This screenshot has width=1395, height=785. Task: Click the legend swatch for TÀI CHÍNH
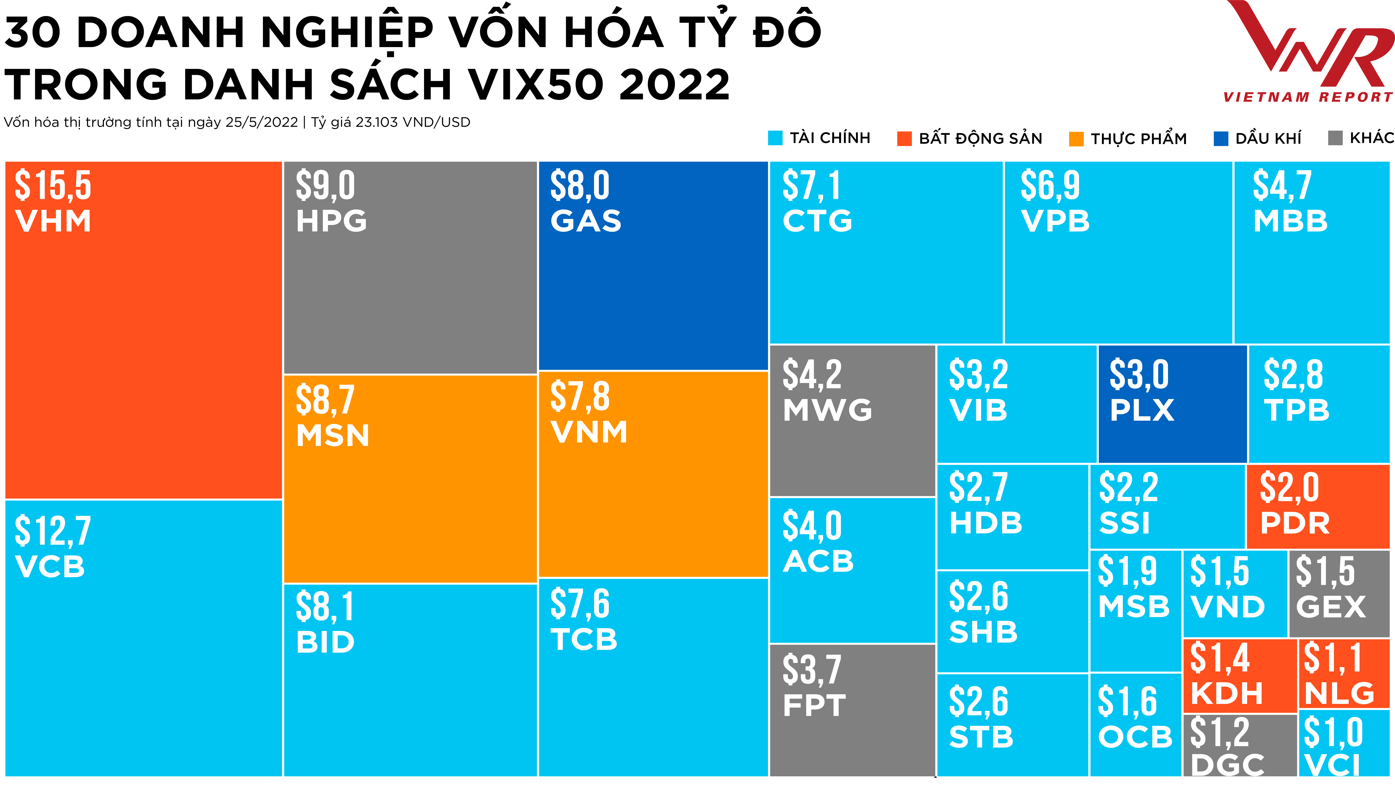coord(775,138)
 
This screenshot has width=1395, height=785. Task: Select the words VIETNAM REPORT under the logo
coord(1308,97)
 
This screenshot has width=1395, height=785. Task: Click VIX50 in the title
coord(536,85)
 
